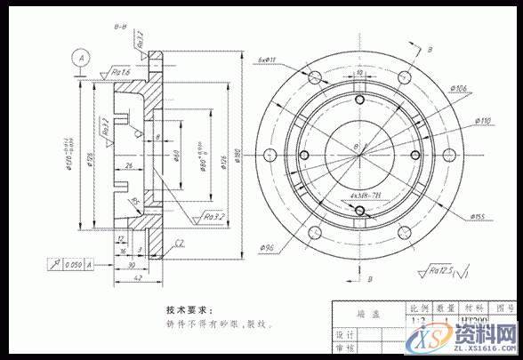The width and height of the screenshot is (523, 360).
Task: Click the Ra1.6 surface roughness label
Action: pos(122,70)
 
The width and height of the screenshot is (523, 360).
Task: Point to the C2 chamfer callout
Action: pos(179,242)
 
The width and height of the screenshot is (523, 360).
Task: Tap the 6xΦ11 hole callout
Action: pos(266,60)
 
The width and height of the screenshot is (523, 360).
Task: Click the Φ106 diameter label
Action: pos(459,88)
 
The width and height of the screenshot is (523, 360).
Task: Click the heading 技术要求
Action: pos(189,310)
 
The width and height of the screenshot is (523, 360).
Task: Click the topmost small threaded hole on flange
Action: pos(358,103)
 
